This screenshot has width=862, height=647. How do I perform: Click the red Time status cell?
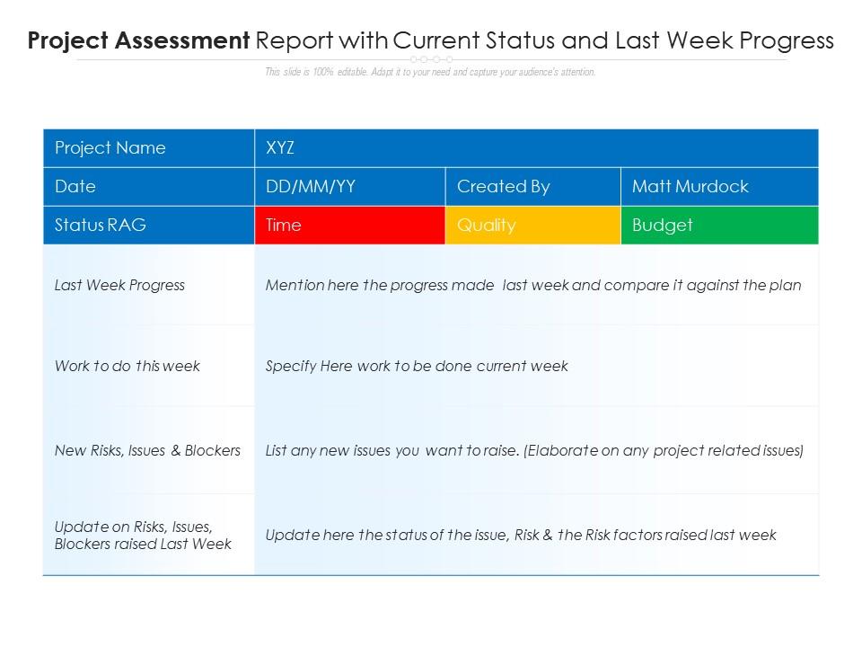349,226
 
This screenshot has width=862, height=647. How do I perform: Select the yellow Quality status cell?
532,226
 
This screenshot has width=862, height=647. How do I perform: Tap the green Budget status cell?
719,226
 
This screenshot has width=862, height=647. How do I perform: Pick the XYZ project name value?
281,148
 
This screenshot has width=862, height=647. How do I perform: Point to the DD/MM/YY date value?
311,187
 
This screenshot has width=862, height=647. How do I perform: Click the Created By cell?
503,187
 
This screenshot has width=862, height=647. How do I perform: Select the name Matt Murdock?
690,187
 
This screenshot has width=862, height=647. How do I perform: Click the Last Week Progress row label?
119,286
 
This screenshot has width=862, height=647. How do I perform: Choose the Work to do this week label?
127,366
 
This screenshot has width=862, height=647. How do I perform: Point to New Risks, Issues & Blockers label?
147,450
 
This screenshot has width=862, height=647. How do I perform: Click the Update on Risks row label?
143,536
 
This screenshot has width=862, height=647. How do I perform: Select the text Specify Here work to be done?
417,366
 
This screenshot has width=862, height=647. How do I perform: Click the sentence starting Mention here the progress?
533,286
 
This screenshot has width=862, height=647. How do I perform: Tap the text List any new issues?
534,450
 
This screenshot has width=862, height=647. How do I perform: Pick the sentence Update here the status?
521,535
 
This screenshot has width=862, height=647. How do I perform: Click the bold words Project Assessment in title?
138,40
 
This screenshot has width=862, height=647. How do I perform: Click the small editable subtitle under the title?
430,72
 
